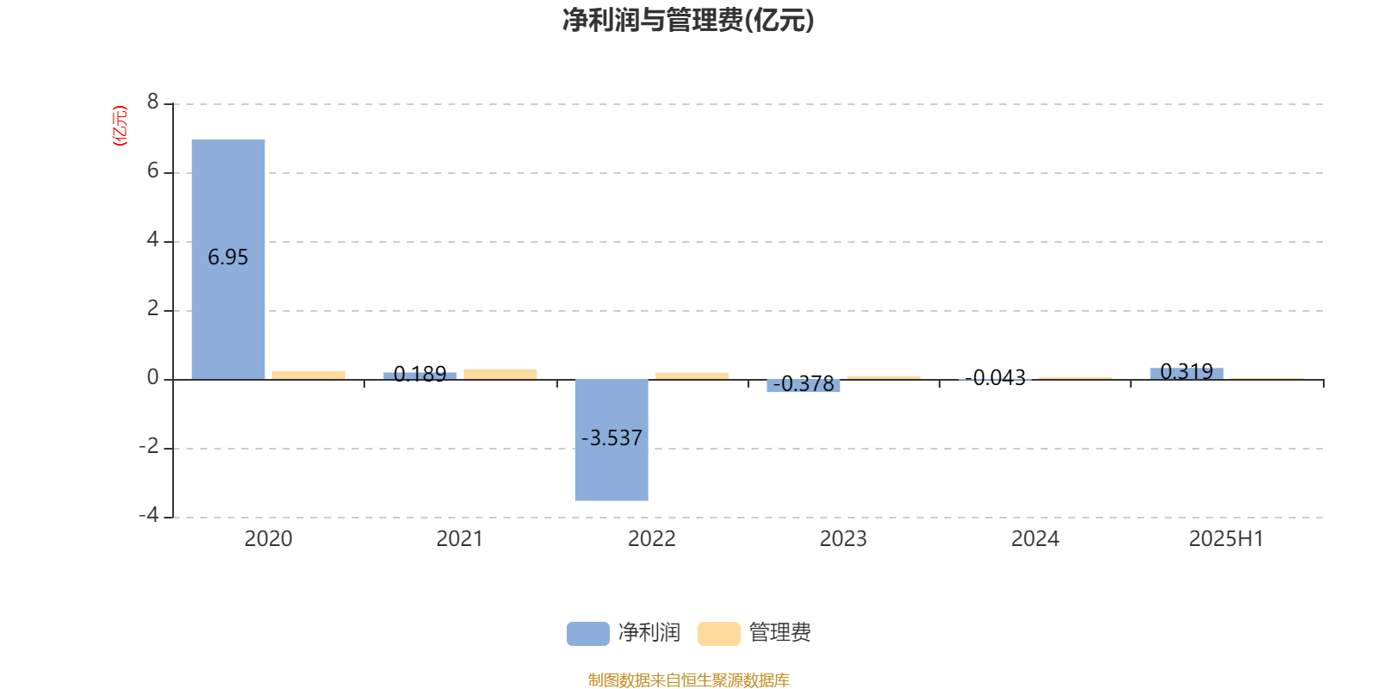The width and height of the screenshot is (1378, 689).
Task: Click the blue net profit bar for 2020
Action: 228,259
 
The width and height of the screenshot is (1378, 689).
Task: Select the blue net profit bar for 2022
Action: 611,440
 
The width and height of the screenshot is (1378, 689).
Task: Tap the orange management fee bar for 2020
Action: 309,376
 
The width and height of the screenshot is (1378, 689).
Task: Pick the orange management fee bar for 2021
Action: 500,374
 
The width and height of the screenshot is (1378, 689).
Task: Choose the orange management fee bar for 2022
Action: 692,376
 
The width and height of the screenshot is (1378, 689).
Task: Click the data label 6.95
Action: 227,258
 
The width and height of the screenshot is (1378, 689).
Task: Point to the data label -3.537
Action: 611,438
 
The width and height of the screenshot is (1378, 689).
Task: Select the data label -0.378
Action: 804,384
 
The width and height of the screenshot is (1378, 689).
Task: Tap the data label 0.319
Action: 1187,371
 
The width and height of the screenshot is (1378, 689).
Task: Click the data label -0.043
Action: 996,377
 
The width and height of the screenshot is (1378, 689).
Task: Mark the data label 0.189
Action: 419,374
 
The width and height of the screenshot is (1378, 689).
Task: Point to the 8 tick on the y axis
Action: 152,102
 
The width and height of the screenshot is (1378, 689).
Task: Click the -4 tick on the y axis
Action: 149,515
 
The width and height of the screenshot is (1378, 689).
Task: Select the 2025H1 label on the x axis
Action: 1226,539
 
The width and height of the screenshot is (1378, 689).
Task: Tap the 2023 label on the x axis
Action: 843,539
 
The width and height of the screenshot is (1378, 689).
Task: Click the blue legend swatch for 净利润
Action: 588,634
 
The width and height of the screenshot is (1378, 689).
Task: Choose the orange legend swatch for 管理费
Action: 718,634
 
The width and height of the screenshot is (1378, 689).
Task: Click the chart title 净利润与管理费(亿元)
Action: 688,20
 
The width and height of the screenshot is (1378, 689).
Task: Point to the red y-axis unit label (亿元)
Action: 120,126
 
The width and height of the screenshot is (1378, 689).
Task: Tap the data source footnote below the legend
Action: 688,680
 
